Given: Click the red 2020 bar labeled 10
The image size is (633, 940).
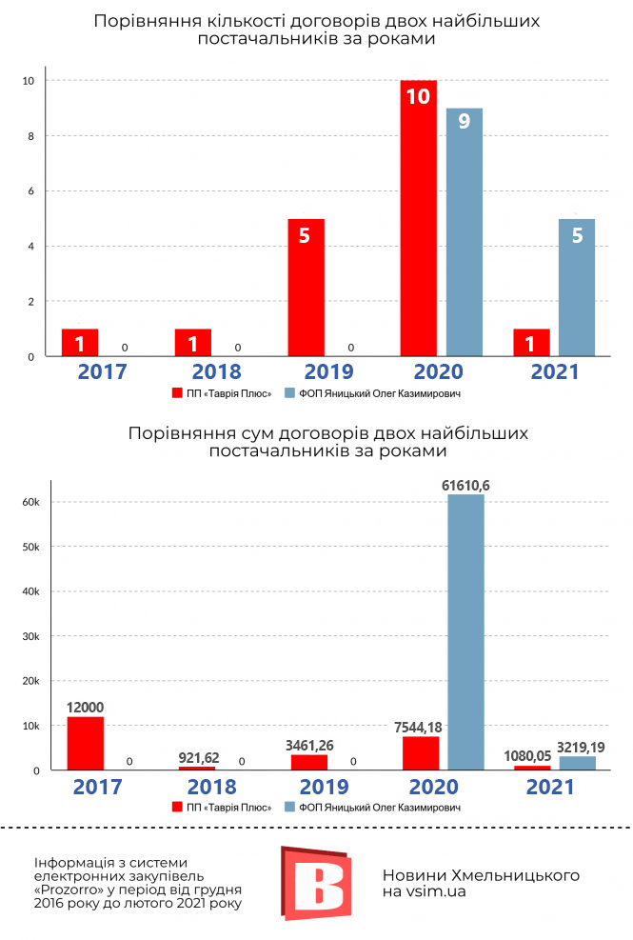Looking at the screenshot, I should tap(418, 219).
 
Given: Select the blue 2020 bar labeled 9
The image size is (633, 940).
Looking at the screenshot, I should tap(464, 232).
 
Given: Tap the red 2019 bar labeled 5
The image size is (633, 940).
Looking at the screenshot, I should tap(306, 288).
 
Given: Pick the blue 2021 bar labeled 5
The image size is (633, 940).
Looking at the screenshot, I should tap(577, 288).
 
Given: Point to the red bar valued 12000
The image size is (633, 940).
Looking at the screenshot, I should tap(86, 743).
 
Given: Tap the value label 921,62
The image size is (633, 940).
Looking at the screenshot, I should tap(198, 759).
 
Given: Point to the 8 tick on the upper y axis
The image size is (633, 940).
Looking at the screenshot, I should tap(31, 136).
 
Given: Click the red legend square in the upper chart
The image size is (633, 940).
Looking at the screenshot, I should tap(176, 392).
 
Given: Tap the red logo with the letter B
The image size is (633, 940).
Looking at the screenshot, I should tap(315, 881).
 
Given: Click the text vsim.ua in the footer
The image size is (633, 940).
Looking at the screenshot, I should tap(435, 891).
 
